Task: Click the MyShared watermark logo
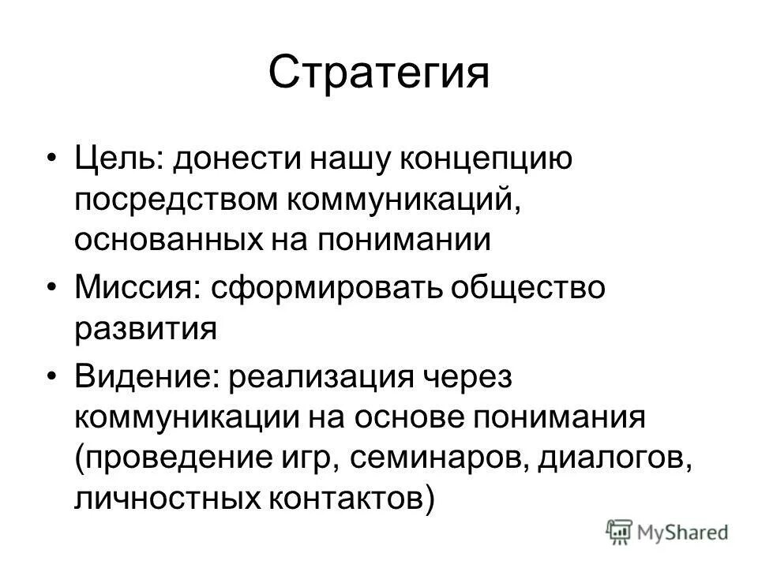668,532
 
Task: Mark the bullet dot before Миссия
52,289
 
